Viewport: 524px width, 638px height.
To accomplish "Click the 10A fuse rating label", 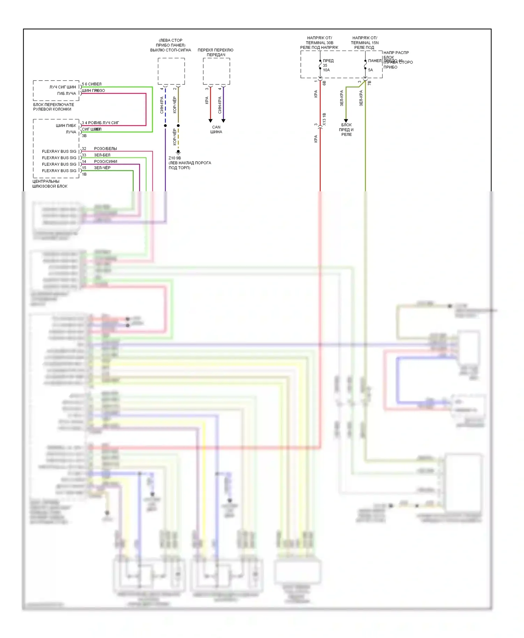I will point(326,70).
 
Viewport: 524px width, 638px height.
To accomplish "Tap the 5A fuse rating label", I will point(370,70).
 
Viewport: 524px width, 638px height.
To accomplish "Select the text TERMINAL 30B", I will point(319,43).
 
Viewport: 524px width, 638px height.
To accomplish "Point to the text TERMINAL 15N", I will point(365,43).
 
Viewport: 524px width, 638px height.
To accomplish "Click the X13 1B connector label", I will point(324,119).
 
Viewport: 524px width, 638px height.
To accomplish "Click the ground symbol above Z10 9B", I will point(178,152).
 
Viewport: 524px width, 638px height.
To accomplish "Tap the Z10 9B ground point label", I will point(175,158).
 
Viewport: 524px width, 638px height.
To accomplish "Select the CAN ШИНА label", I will point(216,129).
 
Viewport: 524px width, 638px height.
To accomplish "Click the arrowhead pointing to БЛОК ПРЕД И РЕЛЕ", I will point(346,121).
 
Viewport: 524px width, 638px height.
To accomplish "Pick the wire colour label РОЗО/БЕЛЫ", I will point(105,149).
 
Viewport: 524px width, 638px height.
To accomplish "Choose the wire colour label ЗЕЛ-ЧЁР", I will point(102,168).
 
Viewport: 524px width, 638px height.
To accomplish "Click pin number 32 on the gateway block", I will point(84,149).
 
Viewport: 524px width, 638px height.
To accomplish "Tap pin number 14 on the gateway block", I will point(84,162).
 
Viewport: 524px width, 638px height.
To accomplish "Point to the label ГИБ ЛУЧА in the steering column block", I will point(66,94).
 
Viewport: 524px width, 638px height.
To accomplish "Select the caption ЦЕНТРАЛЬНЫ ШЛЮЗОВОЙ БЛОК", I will point(50,184).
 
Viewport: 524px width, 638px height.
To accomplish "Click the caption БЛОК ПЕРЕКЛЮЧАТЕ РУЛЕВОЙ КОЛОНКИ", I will point(53,107).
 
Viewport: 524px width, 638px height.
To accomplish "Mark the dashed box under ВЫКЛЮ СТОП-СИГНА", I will point(171,71).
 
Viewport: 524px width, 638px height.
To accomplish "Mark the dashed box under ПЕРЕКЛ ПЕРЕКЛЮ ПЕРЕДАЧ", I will point(216,71).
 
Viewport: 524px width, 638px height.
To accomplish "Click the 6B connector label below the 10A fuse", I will point(324,83).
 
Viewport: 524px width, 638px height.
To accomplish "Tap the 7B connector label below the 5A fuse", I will point(369,83).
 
